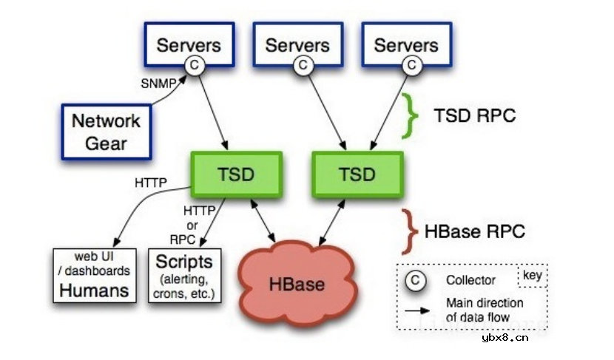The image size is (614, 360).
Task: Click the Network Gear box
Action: click(106, 132)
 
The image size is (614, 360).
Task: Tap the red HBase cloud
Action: click(297, 283)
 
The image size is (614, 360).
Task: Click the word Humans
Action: click(94, 291)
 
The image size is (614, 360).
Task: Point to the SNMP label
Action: click(158, 83)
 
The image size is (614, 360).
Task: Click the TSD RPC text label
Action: click(474, 116)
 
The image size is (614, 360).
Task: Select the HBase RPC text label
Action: click(475, 231)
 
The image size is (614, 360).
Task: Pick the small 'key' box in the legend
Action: click(533, 276)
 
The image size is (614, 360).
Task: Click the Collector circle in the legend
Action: click(416, 280)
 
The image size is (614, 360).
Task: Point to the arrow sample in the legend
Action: click(419, 308)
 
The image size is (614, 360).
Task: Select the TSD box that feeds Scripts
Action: click(236, 174)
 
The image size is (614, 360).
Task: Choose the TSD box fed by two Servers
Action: click(357, 174)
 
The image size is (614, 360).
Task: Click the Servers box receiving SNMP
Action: click(189, 44)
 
